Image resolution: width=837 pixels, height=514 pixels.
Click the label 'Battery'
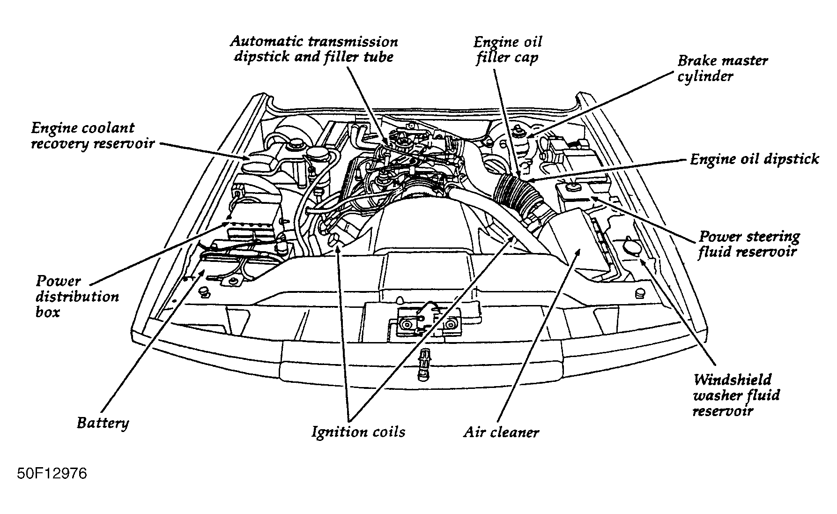tap(103, 423)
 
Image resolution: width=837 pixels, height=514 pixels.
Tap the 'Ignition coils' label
tap(358, 431)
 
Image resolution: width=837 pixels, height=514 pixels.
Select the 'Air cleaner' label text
tap(501, 432)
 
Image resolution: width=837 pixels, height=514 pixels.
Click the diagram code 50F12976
tap(52, 474)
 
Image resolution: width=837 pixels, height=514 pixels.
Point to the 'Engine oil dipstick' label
tap(754, 159)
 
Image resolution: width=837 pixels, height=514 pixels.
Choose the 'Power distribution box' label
tap(77, 297)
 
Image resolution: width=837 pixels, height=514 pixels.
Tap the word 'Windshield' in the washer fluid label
tap(732, 379)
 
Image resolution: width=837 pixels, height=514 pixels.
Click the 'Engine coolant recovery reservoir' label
tap(92, 135)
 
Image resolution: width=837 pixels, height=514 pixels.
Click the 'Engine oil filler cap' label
tap(508, 50)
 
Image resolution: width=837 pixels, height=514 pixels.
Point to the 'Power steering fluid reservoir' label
tap(748, 244)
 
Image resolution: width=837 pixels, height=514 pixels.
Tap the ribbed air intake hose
tap(514, 193)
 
